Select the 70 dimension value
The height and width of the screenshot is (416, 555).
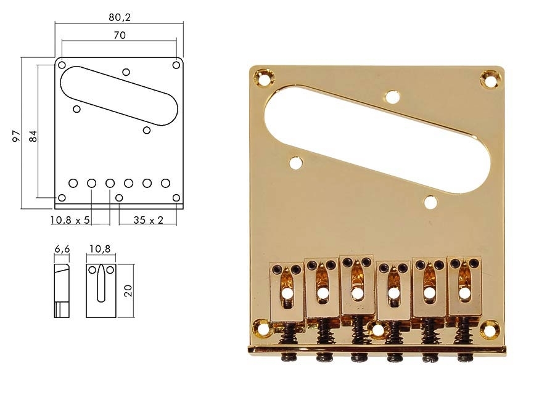point(120,36)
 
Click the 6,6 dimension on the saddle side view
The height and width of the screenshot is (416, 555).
point(62,249)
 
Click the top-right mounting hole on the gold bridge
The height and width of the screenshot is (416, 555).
point(490,80)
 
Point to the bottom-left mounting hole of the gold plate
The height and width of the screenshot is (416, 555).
point(263,328)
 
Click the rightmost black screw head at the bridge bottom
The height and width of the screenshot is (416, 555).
point(461,357)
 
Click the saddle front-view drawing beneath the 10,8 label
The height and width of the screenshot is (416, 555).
point(101,291)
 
